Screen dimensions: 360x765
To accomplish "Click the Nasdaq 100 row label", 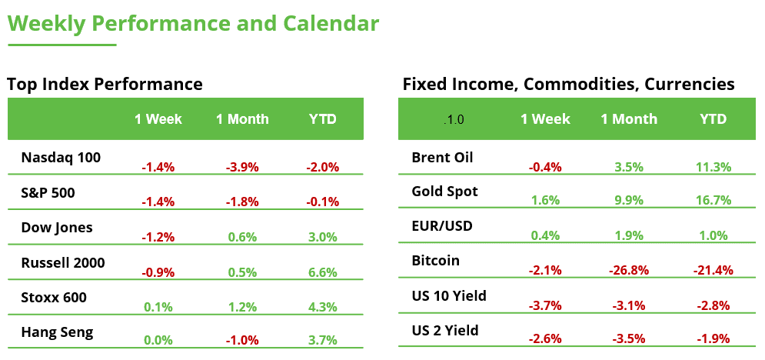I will click(61, 158).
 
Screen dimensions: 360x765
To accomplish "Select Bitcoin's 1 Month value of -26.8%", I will click(629, 270).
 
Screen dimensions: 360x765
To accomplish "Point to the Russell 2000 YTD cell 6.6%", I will click(323, 272).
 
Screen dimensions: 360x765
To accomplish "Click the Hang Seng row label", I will click(57, 332).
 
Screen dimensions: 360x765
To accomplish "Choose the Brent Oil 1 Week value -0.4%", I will click(545, 166).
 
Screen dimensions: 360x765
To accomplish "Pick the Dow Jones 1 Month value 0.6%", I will click(242, 237).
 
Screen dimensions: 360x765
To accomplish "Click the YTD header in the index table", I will click(323, 119).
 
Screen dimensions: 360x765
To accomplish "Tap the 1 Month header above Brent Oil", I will click(629, 119).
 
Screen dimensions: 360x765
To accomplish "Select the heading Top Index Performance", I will click(105, 85).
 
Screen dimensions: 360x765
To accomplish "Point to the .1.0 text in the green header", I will click(454, 120).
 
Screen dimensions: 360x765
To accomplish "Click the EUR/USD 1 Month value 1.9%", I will click(629, 235).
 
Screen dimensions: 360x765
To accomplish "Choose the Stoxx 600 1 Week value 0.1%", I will click(158, 306).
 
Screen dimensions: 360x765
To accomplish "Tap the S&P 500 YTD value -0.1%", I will click(323, 202).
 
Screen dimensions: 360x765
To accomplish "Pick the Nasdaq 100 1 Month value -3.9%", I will click(242, 166).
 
